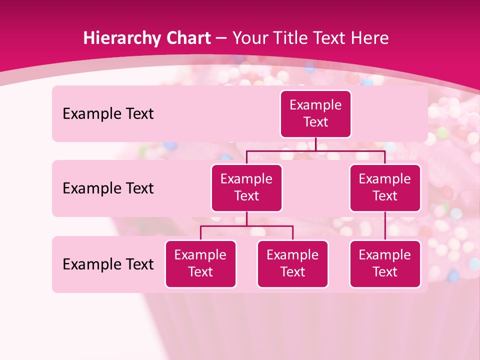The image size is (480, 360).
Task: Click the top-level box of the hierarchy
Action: (315, 114)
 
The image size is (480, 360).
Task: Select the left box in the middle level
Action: (246, 187)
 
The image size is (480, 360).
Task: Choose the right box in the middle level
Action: (385, 187)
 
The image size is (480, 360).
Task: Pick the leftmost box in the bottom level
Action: (200, 263)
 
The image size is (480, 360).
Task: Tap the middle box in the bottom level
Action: (292, 263)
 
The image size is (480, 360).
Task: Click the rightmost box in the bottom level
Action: (385, 263)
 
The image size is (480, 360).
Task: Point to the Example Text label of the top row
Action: (108, 114)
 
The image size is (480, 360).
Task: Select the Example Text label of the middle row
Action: (108, 188)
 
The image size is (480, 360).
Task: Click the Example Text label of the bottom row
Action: (108, 264)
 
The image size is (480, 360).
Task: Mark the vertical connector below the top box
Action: (315, 144)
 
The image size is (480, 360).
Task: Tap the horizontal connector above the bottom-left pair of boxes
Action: (246, 226)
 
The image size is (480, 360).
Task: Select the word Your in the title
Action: (249, 38)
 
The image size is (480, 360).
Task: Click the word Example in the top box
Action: (315, 105)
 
